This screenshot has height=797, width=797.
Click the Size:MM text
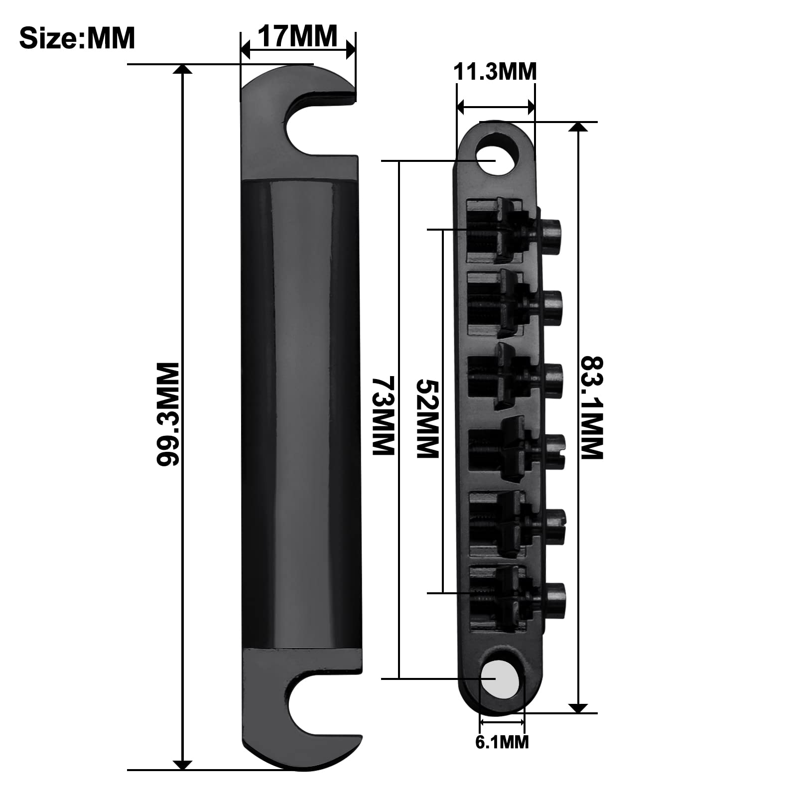77,38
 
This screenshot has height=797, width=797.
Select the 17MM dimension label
297,36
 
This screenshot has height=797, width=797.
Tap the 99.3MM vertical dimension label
168,414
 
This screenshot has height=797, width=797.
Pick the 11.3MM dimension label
495,72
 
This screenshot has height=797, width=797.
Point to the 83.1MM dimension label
592,407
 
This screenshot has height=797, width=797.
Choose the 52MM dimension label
427,418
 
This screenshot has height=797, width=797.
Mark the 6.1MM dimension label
502,742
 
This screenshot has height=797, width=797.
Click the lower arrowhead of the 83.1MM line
578,708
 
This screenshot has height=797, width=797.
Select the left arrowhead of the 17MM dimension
245,50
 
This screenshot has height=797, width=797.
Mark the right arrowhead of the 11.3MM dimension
531,106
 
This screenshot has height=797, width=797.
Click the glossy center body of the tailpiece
301,413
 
